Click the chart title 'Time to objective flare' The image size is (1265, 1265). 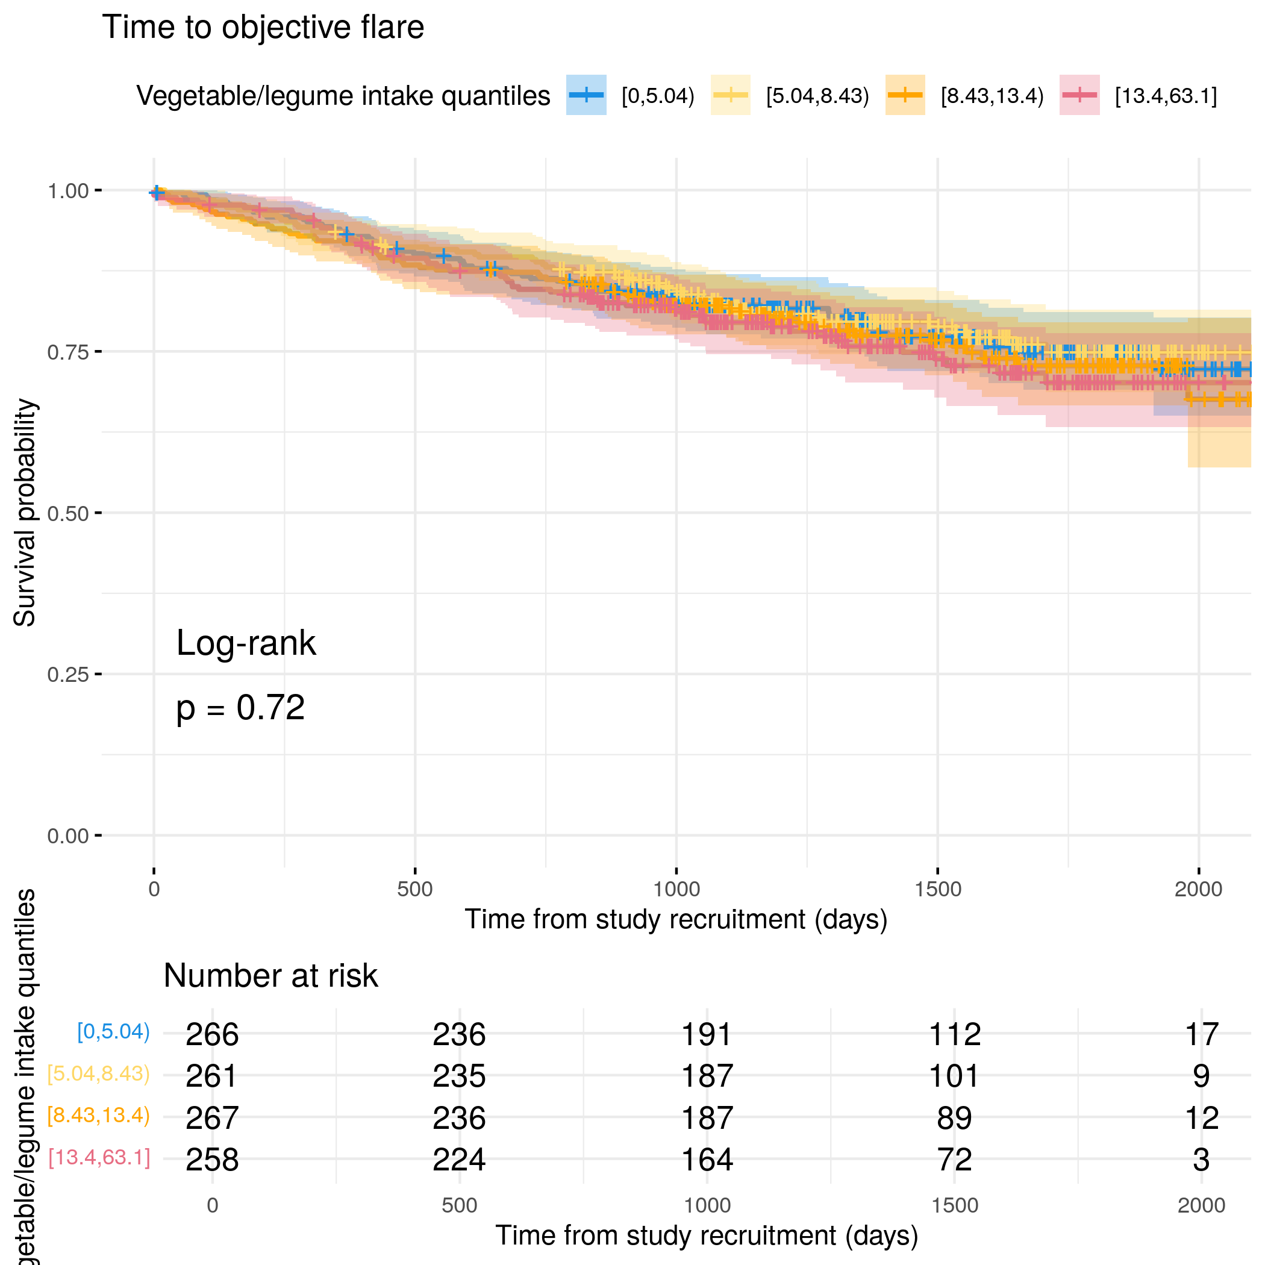point(263,28)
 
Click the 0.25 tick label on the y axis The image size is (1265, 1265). point(67,675)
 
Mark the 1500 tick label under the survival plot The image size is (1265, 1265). point(938,889)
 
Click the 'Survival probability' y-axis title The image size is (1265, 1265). point(24,513)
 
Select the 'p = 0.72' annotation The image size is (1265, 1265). point(240,707)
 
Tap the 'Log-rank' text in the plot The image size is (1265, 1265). point(246,643)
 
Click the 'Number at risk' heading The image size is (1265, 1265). point(270,976)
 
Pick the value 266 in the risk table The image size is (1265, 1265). point(212,1034)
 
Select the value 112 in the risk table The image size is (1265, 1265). point(954,1034)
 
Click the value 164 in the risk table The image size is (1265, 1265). point(707,1160)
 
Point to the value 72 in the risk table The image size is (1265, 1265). point(954,1160)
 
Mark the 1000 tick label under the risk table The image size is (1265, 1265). point(707,1205)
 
